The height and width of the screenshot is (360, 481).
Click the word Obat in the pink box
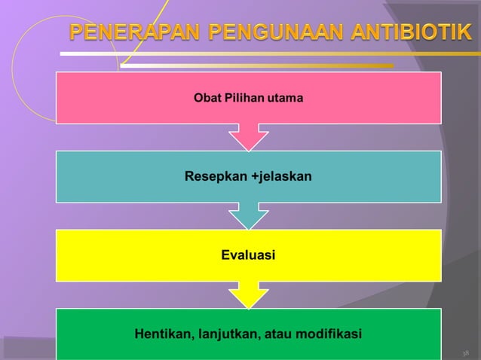point(208,98)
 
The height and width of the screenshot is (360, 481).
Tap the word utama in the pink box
point(285,98)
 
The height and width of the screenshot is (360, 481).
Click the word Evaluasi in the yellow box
point(248,256)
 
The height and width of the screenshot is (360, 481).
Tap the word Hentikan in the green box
point(161,333)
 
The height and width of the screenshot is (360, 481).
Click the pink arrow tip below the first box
point(248,139)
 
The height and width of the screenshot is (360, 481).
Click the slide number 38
point(465,352)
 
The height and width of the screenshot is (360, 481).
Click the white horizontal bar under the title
point(264,53)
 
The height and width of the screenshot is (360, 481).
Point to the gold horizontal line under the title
point(256,66)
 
